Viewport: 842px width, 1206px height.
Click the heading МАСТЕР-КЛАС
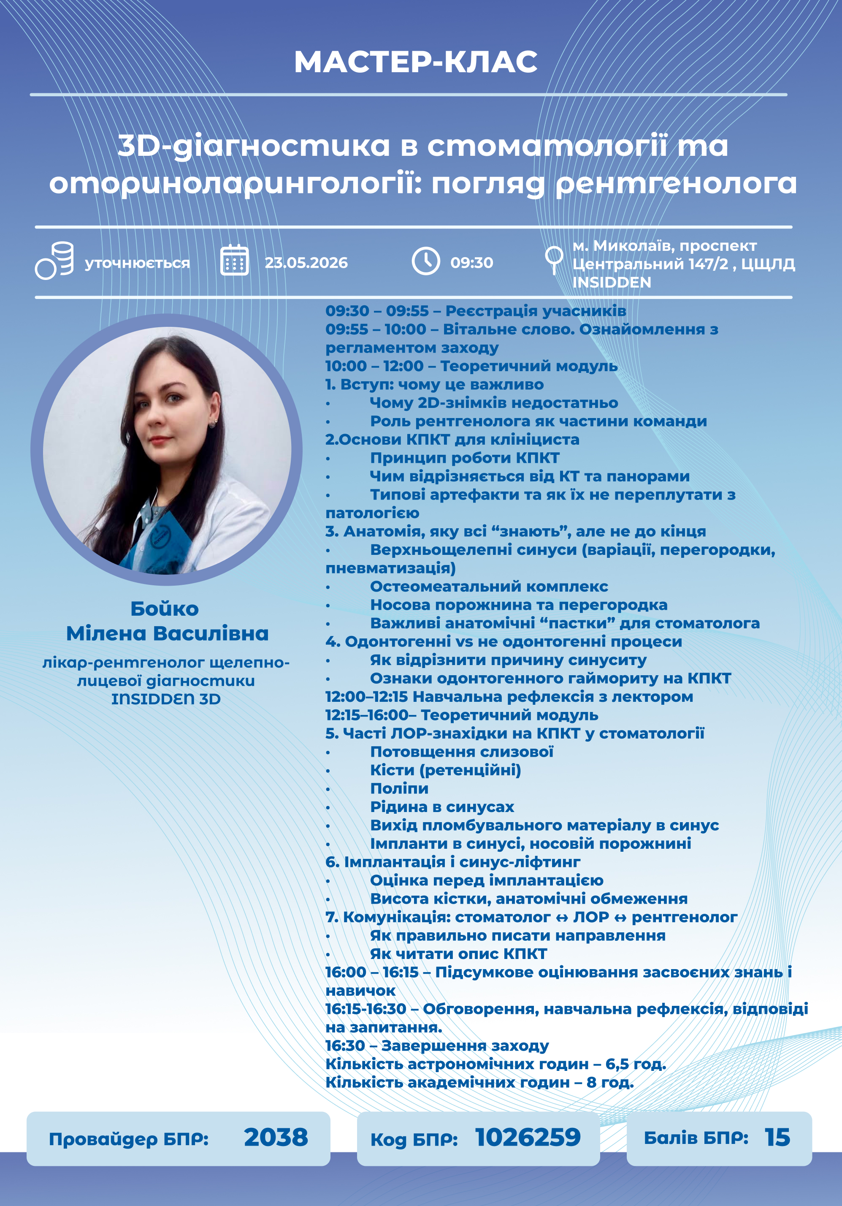(x=416, y=62)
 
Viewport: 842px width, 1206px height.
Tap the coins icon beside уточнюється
(x=54, y=261)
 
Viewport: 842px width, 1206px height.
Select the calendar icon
(x=234, y=261)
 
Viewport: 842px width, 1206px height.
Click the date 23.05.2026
(x=306, y=263)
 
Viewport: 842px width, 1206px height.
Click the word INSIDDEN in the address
(x=612, y=282)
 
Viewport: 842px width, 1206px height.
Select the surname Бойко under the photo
(x=164, y=609)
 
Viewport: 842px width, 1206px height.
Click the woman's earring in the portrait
(x=214, y=421)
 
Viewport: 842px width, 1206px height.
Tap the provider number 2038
(x=276, y=1138)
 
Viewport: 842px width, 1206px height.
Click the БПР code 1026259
(x=528, y=1138)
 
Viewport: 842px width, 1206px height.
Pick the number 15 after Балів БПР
(x=777, y=1138)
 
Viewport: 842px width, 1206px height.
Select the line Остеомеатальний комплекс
(x=489, y=586)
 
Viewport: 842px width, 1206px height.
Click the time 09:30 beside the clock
(x=471, y=263)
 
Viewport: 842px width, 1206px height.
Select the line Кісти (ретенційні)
(x=445, y=770)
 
